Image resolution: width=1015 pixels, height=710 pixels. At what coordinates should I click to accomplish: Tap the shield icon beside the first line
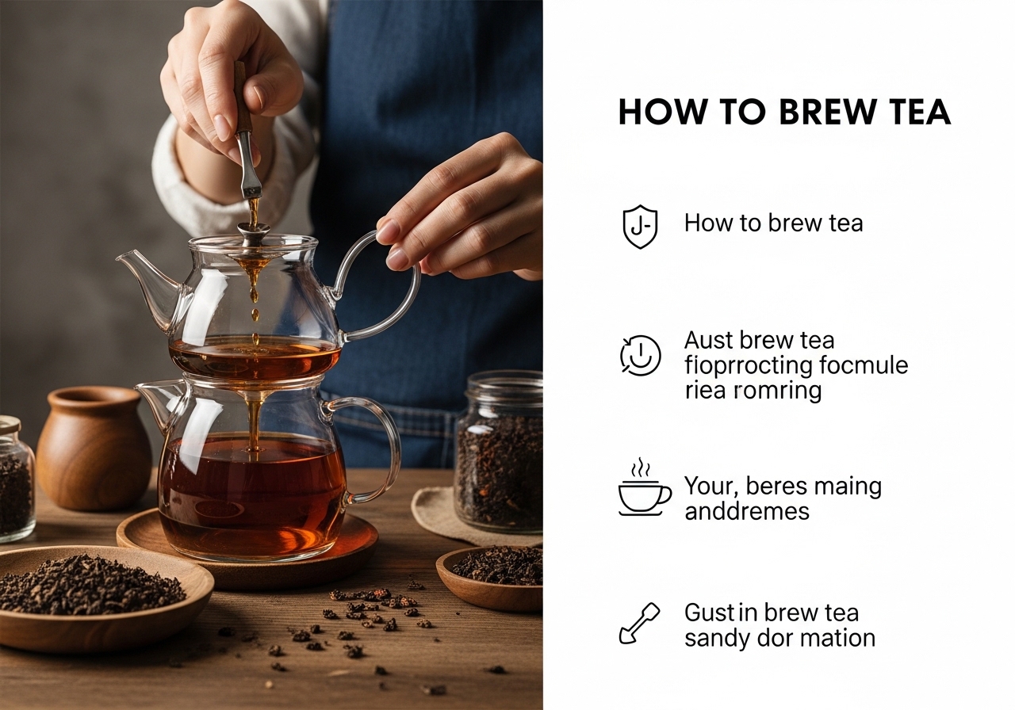(x=640, y=227)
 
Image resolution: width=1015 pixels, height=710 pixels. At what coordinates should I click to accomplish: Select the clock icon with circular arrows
(x=640, y=356)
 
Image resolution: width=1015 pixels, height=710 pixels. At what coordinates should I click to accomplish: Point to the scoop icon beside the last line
(x=639, y=624)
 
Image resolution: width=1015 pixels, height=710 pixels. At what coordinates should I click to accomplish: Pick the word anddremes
(x=747, y=512)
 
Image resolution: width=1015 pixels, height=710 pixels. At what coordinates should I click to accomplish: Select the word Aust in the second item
(x=709, y=341)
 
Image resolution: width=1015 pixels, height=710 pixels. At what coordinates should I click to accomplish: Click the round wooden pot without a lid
(x=94, y=449)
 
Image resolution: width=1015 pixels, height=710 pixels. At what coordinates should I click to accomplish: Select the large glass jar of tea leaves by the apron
(x=499, y=452)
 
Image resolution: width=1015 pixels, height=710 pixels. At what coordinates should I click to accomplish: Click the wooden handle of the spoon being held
(x=242, y=97)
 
